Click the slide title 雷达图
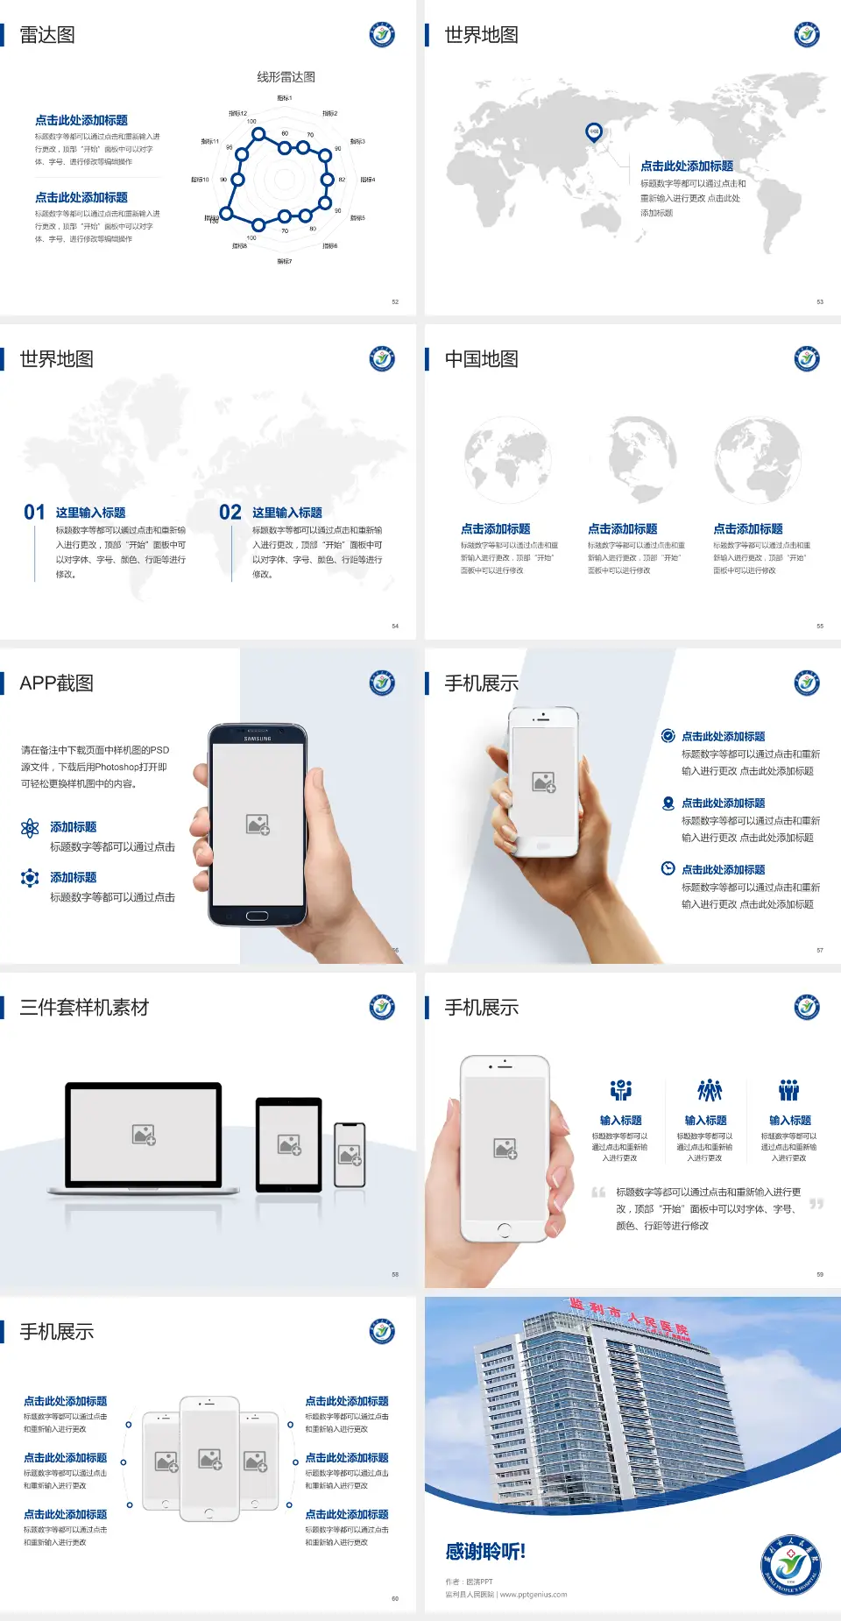click(47, 35)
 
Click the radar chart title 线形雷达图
click(286, 77)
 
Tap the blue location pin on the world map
click(593, 132)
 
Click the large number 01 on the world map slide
click(34, 513)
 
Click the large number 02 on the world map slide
click(230, 513)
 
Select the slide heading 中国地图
click(481, 359)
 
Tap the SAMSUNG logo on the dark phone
click(258, 739)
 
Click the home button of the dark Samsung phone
click(257, 916)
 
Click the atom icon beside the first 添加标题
click(30, 828)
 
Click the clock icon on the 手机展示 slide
click(668, 868)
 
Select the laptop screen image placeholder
click(144, 1135)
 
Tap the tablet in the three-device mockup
click(289, 1143)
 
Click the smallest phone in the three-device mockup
click(350, 1155)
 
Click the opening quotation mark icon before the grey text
click(598, 1193)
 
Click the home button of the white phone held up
click(504, 1229)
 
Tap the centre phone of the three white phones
click(209, 1458)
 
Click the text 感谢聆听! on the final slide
click(485, 1552)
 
